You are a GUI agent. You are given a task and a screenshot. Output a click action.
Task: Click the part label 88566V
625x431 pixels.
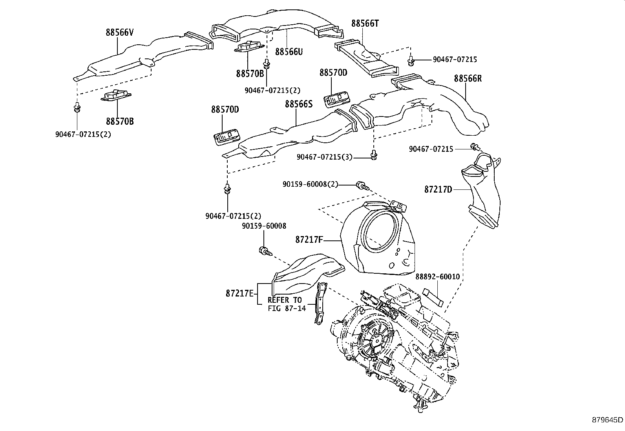(119, 33)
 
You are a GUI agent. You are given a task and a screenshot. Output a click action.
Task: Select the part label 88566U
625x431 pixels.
(289, 52)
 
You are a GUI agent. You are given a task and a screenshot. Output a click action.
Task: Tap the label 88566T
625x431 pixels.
(365, 24)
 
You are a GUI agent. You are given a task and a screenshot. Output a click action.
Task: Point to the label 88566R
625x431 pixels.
(468, 78)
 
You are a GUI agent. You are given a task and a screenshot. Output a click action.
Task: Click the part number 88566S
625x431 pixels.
(299, 104)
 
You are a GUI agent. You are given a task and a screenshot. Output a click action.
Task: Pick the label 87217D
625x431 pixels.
(438, 189)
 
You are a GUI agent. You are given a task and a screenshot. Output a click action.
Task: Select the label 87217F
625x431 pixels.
(309, 239)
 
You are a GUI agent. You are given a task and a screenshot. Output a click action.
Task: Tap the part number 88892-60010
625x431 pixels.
(437, 277)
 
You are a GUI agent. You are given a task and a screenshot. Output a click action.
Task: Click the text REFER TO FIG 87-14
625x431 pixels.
(285, 304)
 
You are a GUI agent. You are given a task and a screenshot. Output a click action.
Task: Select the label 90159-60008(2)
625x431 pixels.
(310, 184)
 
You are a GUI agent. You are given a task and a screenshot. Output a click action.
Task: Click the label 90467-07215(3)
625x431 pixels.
(324, 157)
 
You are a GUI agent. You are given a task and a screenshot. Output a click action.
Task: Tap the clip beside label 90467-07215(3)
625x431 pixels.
(373, 156)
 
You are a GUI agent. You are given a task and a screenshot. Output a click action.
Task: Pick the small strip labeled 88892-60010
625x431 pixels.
(433, 298)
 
